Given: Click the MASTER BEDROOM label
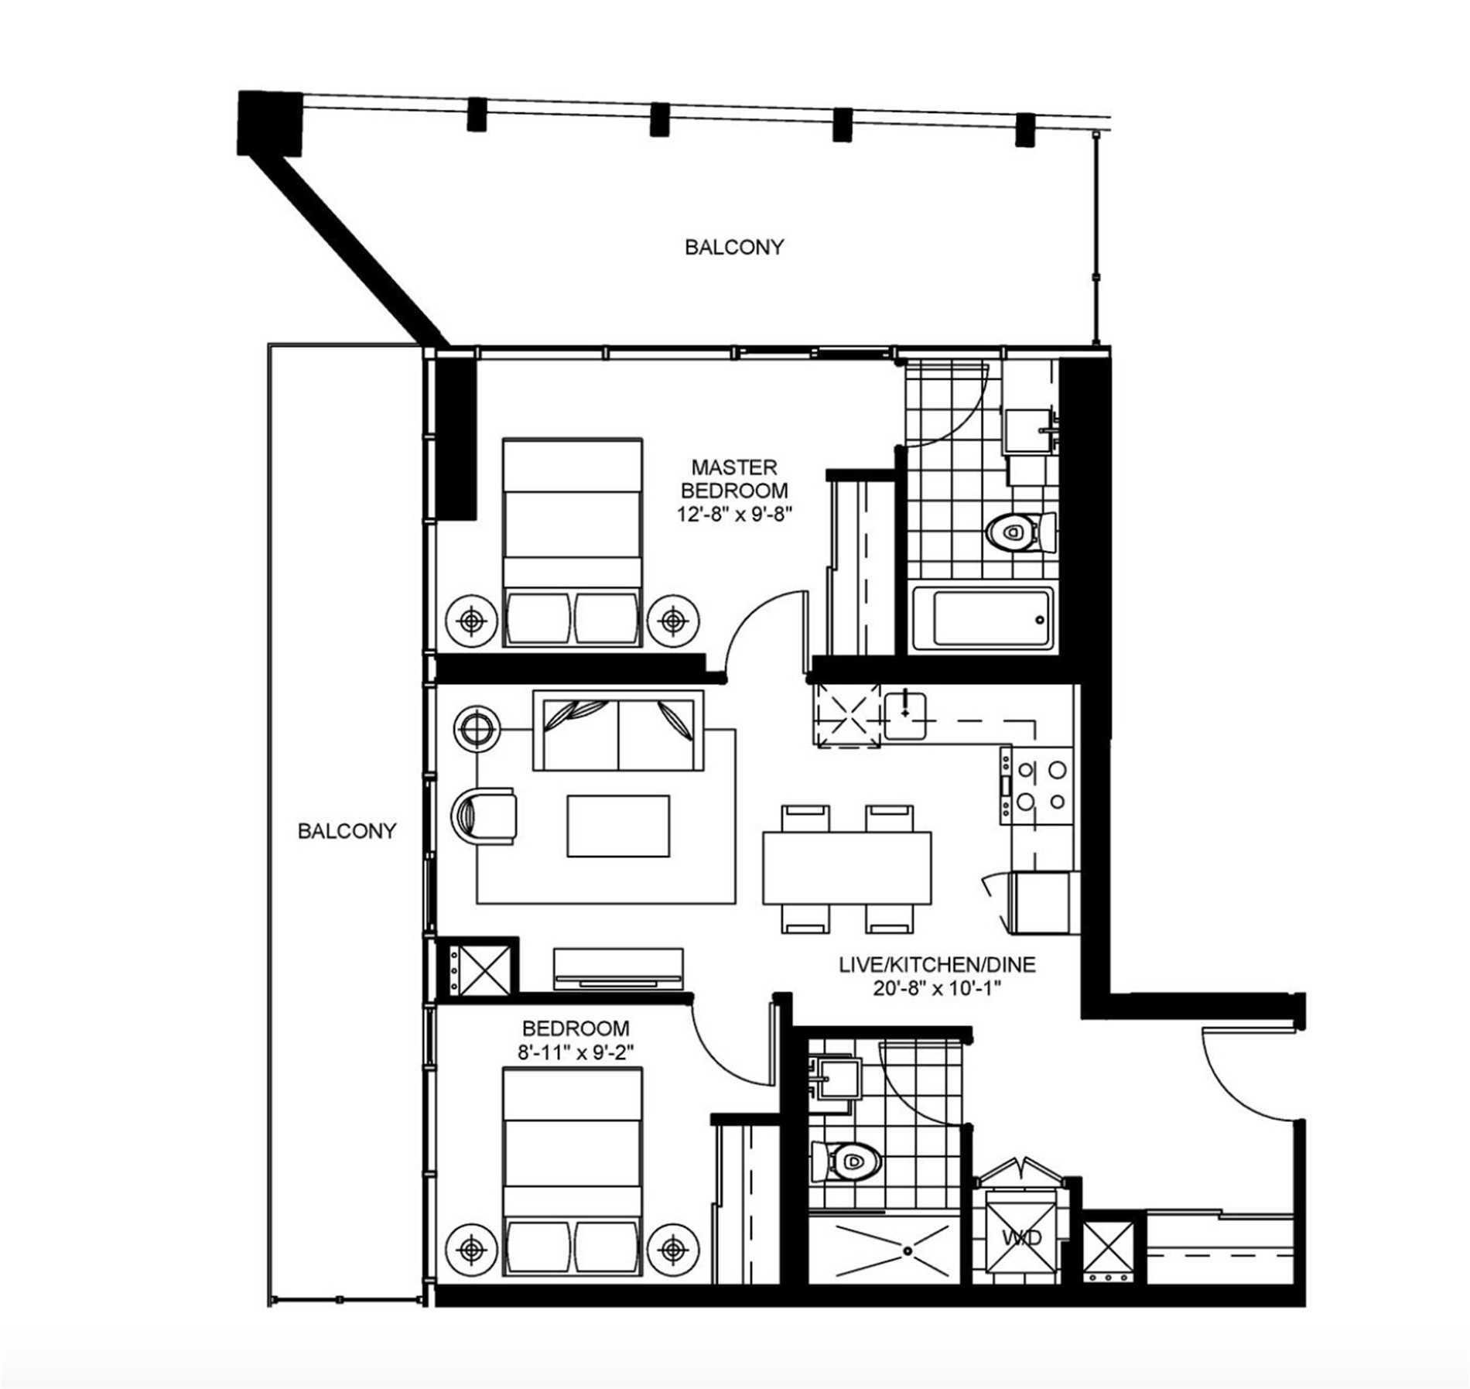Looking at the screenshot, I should click(733, 478).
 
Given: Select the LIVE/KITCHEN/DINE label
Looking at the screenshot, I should click(936, 964).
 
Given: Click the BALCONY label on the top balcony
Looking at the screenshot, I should click(733, 247).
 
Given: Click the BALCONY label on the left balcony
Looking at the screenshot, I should click(347, 831).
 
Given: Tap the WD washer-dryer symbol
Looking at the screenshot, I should click(1022, 1237).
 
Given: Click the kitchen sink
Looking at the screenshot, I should click(906, 714).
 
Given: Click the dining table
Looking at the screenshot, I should click(846, 867).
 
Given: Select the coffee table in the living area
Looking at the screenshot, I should click(618, 826).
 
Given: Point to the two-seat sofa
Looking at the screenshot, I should click(617, 731).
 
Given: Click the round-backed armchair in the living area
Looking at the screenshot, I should click(484, 817).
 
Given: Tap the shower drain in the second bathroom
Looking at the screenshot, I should click(906, 1248).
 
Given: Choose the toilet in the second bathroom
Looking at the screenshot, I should click(847, 1161).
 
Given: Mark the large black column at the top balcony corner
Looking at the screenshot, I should click(270, 122).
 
